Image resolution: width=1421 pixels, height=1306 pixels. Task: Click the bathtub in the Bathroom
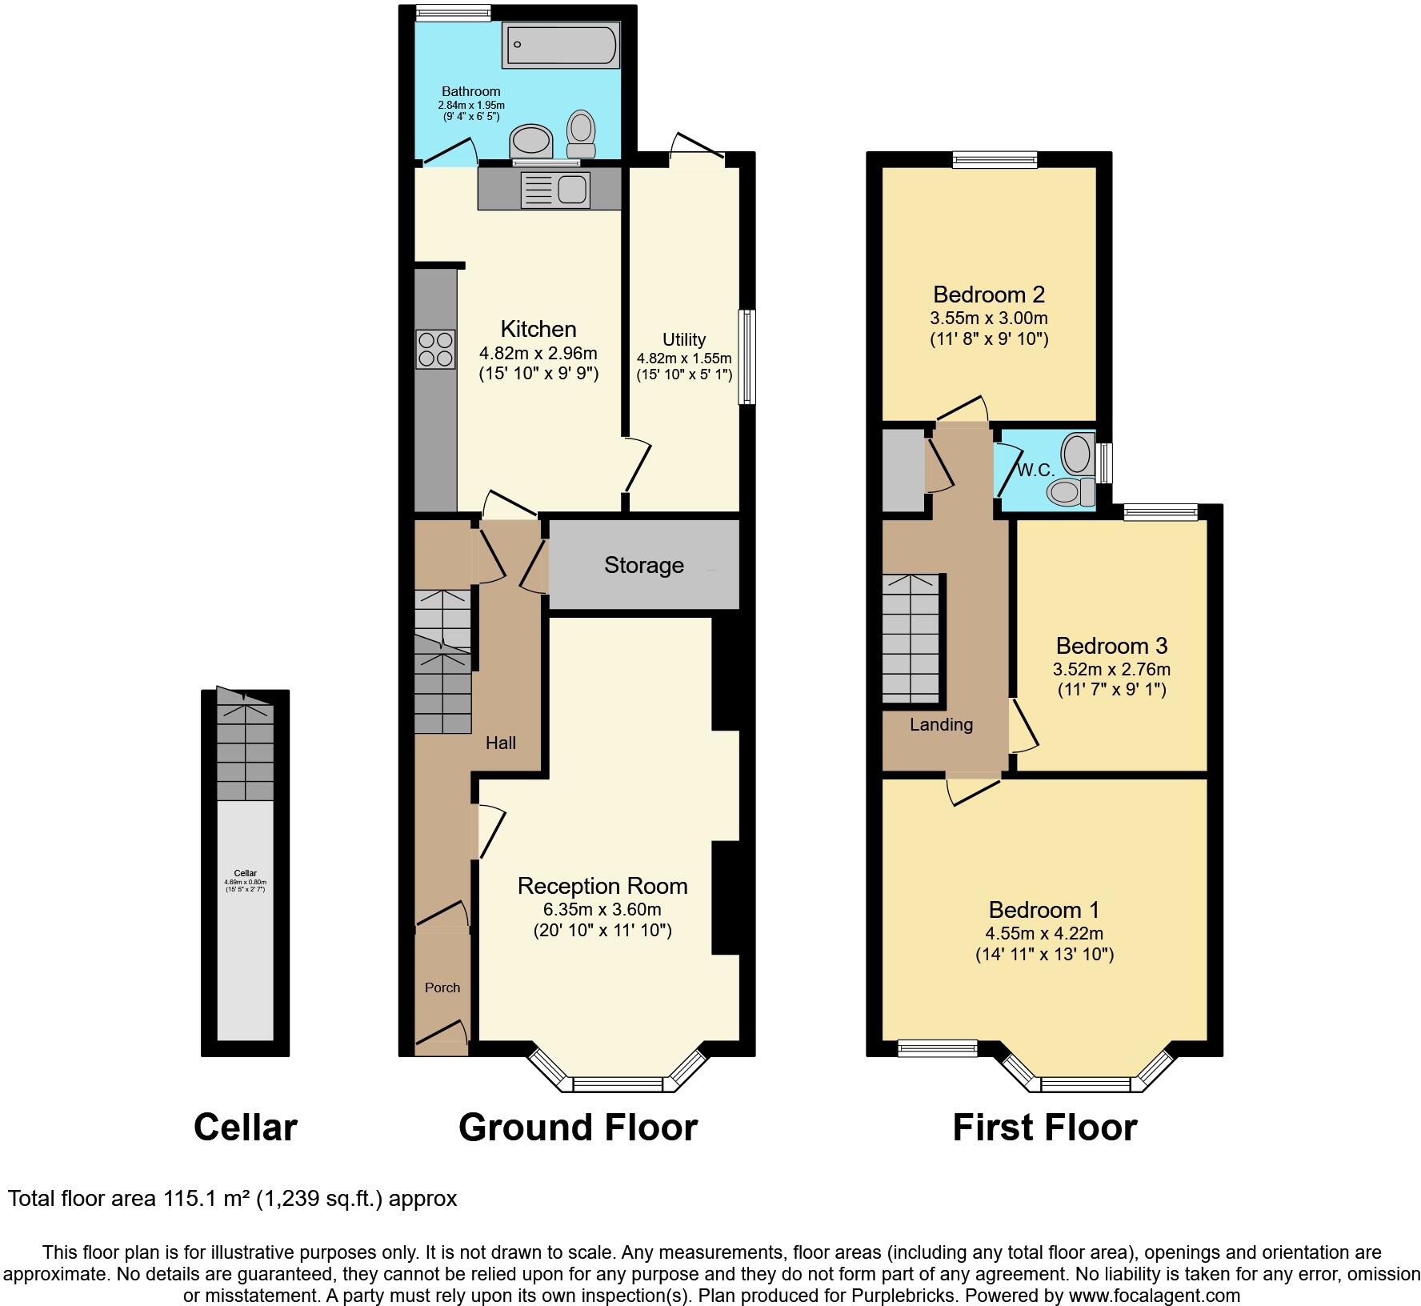tap(560, 45)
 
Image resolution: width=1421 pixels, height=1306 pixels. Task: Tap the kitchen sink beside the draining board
tap(573, 189)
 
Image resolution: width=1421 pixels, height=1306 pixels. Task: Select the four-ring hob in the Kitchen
tap(435, 349)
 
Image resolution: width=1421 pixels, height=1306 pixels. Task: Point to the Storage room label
tap(643, 565)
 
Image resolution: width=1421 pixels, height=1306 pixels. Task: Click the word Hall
tap(501, 743)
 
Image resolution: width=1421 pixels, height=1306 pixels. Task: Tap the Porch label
tap(442, 988)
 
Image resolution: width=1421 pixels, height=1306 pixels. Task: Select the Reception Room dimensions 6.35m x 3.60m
tap(602, 909)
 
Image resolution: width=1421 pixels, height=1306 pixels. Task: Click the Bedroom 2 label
tap(989, 294)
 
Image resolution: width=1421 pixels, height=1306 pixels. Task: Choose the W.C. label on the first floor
tap(1035, 471)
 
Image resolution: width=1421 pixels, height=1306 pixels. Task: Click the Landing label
tap(941, 725)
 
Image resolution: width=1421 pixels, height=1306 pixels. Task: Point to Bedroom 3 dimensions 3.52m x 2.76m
tap(1111, 669)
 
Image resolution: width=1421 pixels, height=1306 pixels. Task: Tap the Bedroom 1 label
tap(1043, 910)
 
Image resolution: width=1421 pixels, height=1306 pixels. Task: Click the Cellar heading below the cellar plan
tap(245, 1127)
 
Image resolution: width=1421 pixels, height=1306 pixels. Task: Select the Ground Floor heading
tap(578, 1127)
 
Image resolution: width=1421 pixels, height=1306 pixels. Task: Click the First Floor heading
tap(1044, 1127)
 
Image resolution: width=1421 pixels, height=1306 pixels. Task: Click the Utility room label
tap(684, 339)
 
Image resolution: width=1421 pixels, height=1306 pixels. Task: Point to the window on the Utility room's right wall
tap(746, 357)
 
